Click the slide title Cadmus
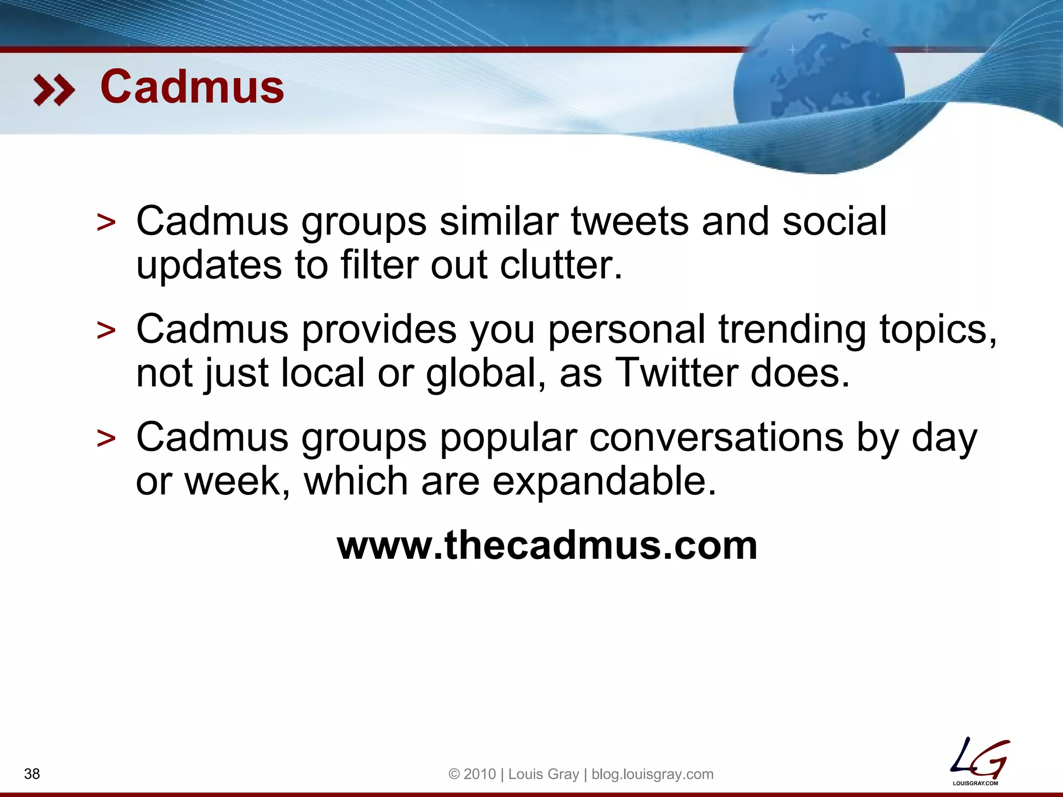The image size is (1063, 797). [192, 87]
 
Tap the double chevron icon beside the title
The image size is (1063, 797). [53, 90]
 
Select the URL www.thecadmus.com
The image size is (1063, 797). [547, 545]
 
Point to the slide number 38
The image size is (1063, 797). [32, 774]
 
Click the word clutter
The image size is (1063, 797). [561, 265]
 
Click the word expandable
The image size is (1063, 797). [604, 481]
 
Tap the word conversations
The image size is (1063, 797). [716, 437]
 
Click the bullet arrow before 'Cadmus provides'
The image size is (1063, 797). [106, 331]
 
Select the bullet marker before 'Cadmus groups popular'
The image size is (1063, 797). [106, 439]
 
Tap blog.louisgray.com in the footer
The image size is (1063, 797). [652, 774]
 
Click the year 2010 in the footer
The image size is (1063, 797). [480, 774]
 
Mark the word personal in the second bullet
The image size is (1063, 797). [626, 330]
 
